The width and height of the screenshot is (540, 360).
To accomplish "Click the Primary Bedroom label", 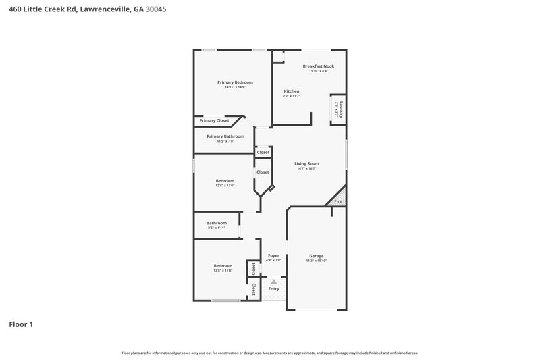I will coord(235,82).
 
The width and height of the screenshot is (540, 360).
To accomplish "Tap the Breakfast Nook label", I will coord(318,66).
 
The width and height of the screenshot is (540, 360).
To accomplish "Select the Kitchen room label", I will coord(292,91).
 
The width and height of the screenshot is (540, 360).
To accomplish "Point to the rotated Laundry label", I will coord(341,109).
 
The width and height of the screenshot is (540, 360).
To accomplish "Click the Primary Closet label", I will coord(214,120).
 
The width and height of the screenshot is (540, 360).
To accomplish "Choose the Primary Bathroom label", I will coord(225,136).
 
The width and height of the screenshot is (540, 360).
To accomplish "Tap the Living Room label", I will coord(306,163).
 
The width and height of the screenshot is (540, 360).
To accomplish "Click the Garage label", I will coord(317,256).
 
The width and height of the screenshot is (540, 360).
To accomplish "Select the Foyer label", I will coord(273,256).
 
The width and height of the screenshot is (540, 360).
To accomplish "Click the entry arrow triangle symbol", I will coord(273,282).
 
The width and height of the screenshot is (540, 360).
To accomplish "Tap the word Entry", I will coord(273,289).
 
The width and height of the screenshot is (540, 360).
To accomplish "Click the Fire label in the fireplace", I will coord(338,201).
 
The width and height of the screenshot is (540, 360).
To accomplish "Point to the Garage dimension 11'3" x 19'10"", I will coord(317,261).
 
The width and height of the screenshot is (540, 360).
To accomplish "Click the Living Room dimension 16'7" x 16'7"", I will coord(306,168).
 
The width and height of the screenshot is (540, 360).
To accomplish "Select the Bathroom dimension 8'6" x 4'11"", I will coord(217,228).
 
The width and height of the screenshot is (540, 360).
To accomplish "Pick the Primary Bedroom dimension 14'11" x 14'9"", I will coord(235,87).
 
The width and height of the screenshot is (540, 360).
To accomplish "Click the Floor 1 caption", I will coord(21,324).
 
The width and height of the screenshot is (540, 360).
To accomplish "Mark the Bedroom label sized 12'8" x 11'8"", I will coord(223,265).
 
